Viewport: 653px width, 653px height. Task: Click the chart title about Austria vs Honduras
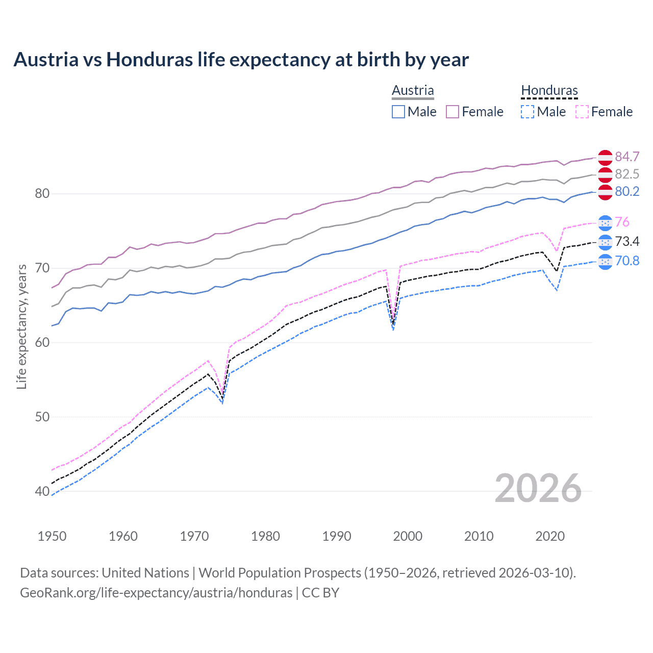tap(241, 60)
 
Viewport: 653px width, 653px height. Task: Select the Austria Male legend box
tap(398, 112)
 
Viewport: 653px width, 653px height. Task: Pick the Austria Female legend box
tap(453, 112)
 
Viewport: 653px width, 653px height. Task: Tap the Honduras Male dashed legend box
tap(528, 112)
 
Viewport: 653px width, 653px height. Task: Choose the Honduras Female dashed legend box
tap(582, 112)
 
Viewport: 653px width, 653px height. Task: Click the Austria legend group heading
tap(413, 90)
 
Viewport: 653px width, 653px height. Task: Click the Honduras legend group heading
tap(549, 90)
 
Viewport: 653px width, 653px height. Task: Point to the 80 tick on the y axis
tap(42, 194)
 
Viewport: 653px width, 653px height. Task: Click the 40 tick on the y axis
tap(42, 492)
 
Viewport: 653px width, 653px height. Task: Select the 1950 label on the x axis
tap(52, 536)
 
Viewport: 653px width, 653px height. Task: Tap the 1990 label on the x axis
tap(337, 536)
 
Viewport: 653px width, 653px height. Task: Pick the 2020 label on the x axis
tap(550, 536)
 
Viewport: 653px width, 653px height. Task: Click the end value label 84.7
tap(627, 157)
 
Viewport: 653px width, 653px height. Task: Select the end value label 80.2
tap(627, 191)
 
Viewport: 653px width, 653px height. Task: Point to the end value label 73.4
tap(627, 241)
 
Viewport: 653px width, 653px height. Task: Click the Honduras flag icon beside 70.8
tap(605, 261)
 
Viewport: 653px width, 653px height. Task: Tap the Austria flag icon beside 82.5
tap(605, 174)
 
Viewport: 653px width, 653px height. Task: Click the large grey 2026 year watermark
tap(538, 489)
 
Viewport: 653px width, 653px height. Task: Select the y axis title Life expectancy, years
tap(22, 326)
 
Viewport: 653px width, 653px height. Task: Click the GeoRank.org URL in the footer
tap(156, 593)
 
